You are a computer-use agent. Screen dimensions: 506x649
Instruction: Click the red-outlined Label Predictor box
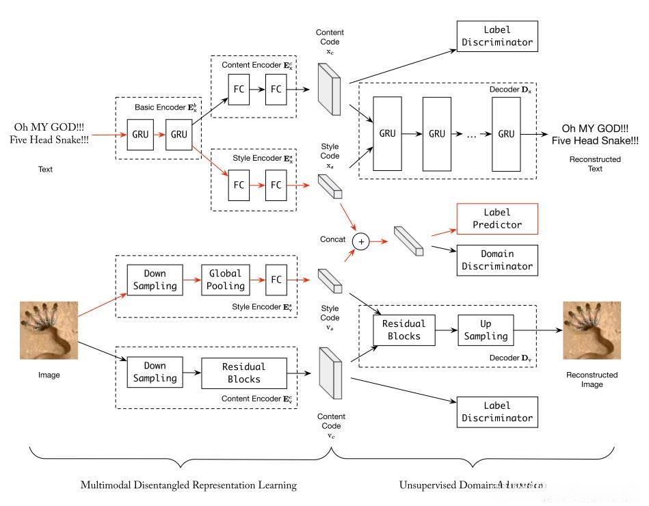click(x=496, y=219)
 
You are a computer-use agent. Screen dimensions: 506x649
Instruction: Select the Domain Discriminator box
click(x=496, y=260)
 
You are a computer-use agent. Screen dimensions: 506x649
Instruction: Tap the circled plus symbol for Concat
click(x=360, y=241)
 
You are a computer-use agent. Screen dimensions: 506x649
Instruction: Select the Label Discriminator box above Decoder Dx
click(x=496, y=36)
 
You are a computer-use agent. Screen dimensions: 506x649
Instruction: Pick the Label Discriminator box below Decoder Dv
click(x=496, y=412)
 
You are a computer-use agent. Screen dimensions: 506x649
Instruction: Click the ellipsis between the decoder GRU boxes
click(x=472, y=134)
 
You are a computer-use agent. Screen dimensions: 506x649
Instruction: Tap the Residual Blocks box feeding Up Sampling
click(x=403, y=330)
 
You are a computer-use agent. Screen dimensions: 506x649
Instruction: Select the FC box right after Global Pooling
click(x=276, y=280)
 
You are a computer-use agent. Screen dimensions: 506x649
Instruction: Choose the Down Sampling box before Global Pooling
click(x=155, y=280)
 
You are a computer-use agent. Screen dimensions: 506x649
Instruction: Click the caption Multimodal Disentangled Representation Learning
click(x=188, y=485)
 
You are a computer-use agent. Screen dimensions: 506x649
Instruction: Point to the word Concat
click(x=332, y=241)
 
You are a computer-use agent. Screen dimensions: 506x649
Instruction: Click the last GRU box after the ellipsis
click(x=506, y=133)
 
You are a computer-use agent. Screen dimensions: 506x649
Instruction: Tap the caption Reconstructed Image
click(x=592, y=379)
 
